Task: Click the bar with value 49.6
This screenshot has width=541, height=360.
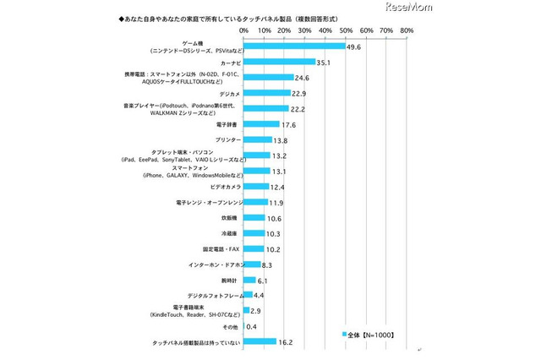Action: [294, 46]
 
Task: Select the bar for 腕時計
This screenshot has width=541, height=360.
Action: [250, 280]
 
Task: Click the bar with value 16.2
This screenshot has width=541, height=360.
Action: [260, 341]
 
